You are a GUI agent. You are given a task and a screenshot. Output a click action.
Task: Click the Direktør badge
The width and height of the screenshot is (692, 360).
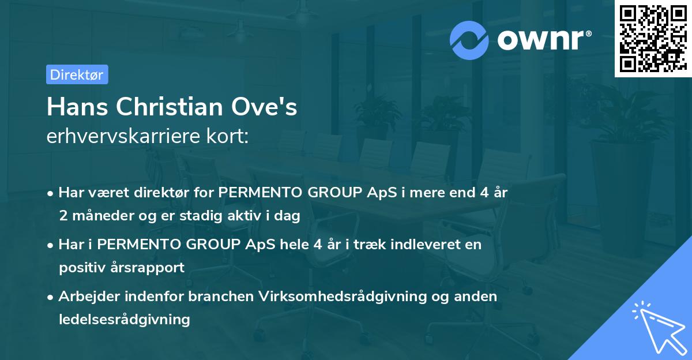pos(77,74)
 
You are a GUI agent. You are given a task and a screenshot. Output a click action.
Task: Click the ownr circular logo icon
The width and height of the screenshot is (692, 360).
pos(470,39)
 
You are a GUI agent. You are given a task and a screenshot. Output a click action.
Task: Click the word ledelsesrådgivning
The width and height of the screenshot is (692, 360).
pos(124,318)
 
